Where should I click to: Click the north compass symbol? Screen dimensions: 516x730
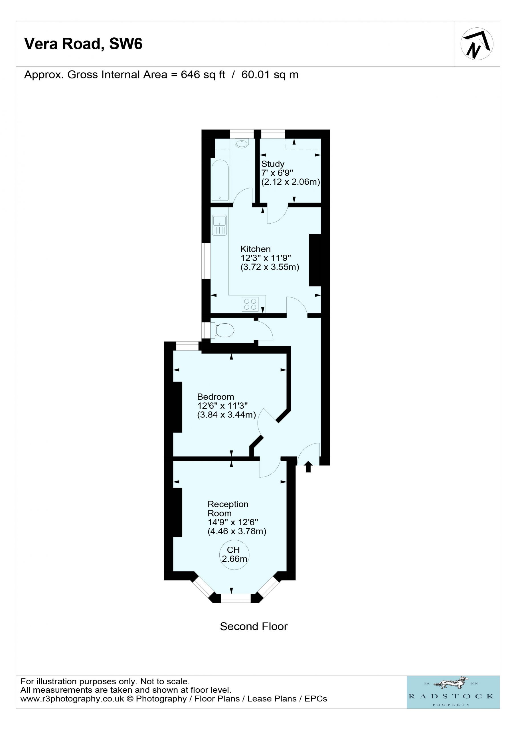477,44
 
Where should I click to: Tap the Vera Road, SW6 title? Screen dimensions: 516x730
83,44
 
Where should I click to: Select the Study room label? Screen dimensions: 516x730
273,164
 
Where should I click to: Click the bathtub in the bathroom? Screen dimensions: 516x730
220,180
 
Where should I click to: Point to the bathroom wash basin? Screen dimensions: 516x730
242,144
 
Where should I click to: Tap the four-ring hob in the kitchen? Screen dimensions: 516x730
250,304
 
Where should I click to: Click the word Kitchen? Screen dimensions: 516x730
256,249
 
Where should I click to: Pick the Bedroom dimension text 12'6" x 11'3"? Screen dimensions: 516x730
222,406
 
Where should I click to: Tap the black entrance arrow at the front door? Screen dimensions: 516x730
308,467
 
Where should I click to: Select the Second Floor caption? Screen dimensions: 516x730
254,626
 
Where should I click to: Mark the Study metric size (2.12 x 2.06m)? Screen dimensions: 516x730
290,182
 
